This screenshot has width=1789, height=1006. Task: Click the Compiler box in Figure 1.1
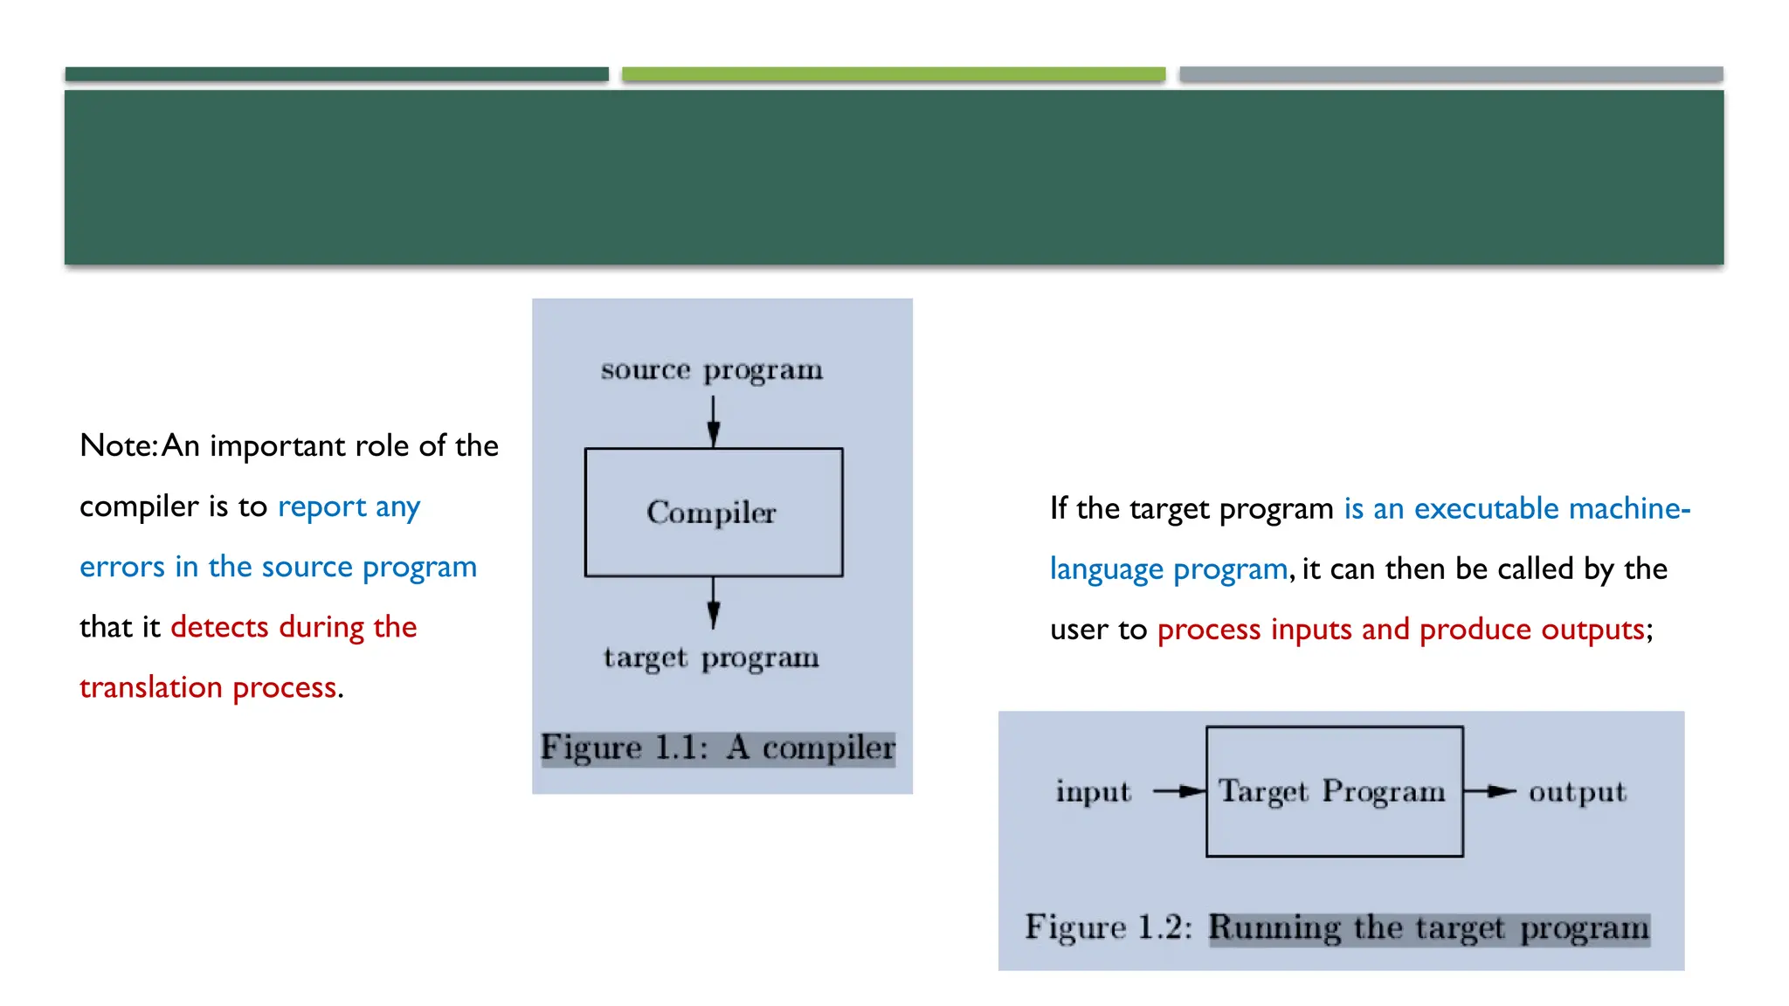click(x=713, y=513)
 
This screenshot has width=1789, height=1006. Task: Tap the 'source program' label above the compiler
click(x=711, y=370)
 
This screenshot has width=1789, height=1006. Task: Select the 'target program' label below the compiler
click(x=711, y=658)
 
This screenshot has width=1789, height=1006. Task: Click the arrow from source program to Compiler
click(x=713, y=422)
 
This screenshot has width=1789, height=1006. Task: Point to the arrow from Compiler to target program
click(x=713, y=603)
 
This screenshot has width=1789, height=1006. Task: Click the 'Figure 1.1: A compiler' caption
click(x=718, y=748)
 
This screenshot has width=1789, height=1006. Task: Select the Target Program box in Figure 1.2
click(x=1334, y=791)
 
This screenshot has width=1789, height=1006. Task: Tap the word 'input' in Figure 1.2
click(x=1093, y=792)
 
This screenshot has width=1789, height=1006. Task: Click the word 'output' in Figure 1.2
click(x=1577, y=792)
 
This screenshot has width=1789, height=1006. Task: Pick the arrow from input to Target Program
click(x=1179, y=791)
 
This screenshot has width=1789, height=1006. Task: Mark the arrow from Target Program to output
click(x=1489, y=791)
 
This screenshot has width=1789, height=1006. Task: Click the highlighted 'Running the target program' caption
click(x=1429, y=928)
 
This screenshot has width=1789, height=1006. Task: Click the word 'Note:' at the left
click(x=118, y=446)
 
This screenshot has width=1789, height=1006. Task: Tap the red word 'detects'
click(x=219, y=627)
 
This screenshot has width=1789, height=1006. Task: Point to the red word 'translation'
click(x=150, y=687)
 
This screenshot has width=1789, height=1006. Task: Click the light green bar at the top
click(x=893, y=74)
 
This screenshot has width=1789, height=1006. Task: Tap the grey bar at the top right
click(x=1450, y=74)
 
